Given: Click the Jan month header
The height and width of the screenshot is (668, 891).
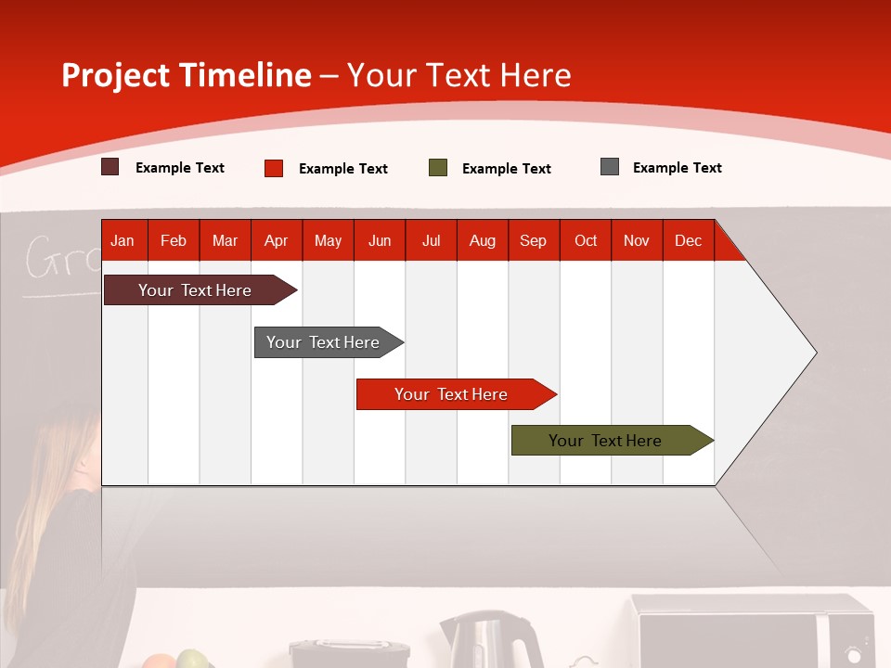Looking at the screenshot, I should pos(123,240).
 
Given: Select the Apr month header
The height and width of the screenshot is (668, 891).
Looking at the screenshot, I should pos(277,240).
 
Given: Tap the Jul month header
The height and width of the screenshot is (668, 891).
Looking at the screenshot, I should pos(431,240).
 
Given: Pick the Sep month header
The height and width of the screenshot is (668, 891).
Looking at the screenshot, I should pos(533,240).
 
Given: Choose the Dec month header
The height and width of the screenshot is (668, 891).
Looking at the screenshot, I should pos(688,240).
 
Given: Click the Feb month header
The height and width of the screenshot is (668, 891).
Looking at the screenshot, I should pos(174,240).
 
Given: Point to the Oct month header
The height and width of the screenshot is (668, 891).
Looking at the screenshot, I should pos(586,240).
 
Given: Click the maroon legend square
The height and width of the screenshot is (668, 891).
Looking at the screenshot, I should pos(110,167).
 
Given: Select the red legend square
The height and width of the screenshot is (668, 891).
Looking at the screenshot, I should pos(274,168).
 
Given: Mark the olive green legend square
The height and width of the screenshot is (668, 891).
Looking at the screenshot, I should pos(438,168).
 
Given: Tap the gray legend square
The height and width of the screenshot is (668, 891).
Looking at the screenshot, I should pos(610,167).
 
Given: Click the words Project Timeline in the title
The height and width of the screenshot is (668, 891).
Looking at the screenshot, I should pos(187,75).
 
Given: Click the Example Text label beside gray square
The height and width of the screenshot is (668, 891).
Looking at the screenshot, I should pos(677,168).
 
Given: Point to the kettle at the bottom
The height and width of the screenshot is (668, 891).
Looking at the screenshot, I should pos(490,640).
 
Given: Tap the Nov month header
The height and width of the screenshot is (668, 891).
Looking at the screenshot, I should pos(637,240).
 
